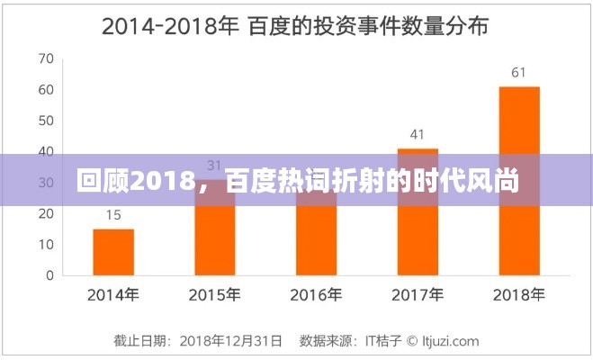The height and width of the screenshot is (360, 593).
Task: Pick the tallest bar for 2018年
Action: [518, 180]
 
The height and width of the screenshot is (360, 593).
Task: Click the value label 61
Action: [518, 73]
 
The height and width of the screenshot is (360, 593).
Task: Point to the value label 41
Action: [418, 135]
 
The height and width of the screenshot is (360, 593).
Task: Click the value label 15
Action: [113, 215]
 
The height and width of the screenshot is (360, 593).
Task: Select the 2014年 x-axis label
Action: [113, 293]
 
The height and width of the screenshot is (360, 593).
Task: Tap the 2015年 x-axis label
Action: [214, 293]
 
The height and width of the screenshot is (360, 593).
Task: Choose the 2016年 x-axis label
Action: [316, 293]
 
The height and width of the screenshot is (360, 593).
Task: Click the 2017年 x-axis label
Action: [418, 293]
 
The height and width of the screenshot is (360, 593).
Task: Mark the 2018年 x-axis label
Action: [518, 293]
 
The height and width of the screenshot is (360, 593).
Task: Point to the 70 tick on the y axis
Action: [46, 59]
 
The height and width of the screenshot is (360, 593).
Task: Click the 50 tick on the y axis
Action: [46, 121]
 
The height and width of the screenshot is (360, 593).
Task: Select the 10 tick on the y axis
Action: [46, 244]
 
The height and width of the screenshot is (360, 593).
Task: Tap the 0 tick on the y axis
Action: [49, 274]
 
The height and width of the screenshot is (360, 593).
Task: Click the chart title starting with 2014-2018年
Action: [295, 26]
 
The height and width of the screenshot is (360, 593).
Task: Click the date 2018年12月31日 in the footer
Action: [231, 341]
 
